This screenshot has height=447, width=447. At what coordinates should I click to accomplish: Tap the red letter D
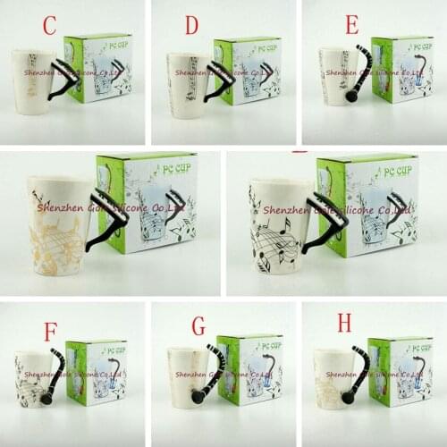click(x=191, y=26)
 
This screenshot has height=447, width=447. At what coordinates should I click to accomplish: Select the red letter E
click(x=351, y=24)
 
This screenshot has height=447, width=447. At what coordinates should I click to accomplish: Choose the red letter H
click(x=344, y=323)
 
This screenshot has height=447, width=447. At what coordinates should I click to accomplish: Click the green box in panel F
click(x=97, y=370)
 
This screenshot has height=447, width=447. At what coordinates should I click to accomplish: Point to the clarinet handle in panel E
click(x=357, y=76)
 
